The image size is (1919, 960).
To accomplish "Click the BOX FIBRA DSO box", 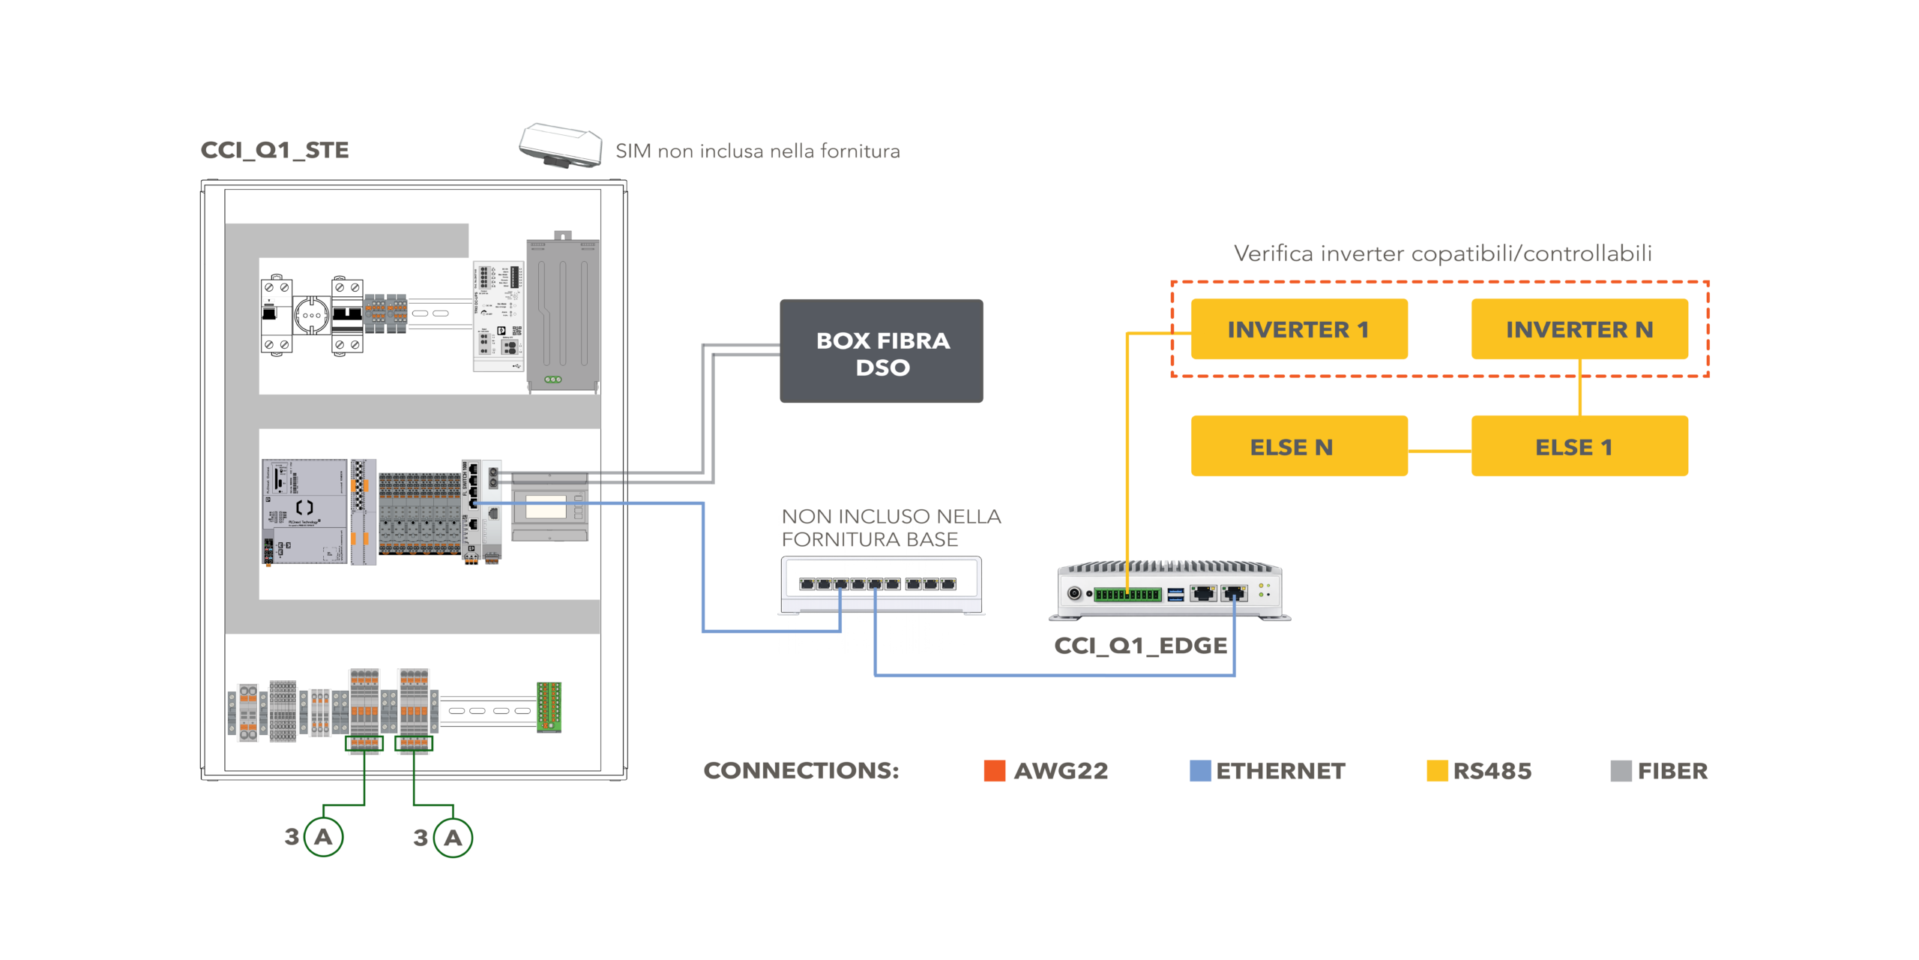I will (882, 351).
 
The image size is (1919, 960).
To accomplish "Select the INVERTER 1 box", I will (1298, 329).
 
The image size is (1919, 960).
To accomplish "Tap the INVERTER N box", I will (1579, 329).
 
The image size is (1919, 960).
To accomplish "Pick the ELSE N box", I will (1298, 446).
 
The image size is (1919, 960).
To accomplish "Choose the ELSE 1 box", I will (1579, 446).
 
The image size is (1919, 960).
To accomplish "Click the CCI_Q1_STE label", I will (274, 150).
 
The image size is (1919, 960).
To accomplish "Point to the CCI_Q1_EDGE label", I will (1140, 646).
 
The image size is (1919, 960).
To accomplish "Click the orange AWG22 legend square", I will (994, 771).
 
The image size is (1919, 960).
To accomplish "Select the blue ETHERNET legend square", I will (1200, 771).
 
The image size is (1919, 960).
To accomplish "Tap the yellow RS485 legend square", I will (1437, 771).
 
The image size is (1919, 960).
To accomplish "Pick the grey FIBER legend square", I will (1621, 771).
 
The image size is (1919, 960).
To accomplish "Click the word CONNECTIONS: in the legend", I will (801, 771).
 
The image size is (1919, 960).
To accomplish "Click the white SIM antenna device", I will (561, 145).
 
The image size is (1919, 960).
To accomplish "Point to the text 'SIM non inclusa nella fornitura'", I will (757, 151).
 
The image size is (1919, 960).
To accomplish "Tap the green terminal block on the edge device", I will (1127, 595).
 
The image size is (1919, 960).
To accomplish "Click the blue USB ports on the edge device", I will (1175, 595).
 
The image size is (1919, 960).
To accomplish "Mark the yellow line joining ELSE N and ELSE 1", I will (1439, 451).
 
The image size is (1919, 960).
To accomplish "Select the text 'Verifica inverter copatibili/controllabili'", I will (1442, 254).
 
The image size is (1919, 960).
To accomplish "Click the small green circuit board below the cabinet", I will (549, 706).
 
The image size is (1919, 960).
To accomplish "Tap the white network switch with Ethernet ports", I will (882, 585).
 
